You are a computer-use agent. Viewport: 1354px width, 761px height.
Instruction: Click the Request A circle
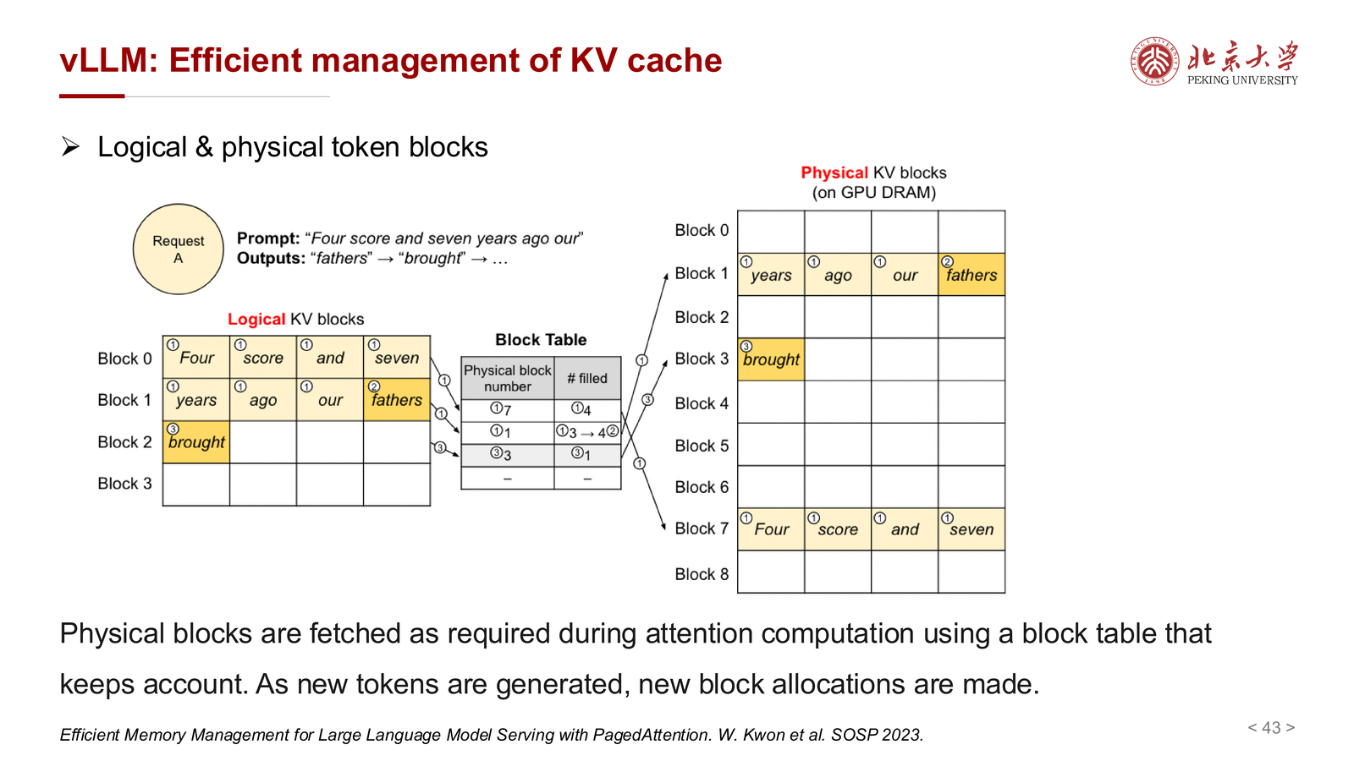(178, 249)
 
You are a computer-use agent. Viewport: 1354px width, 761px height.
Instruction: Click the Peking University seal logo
(1154, 60)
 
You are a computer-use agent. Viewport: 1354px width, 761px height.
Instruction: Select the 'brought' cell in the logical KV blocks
(195, 442)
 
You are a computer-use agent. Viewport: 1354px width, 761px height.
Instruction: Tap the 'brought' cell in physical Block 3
(771, 359)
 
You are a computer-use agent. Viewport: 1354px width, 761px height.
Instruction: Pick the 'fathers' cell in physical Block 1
(971, 275)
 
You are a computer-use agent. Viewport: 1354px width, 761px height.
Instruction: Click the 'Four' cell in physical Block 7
(771, 529)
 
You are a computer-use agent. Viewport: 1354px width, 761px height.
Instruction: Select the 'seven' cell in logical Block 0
(397, 358)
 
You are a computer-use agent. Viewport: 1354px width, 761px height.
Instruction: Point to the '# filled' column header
(587, 378)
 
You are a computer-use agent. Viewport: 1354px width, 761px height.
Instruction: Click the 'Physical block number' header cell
(507, 378)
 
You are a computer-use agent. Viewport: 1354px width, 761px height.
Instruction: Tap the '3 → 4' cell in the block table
(587, 432)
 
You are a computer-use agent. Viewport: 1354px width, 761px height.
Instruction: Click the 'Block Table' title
(541, 339)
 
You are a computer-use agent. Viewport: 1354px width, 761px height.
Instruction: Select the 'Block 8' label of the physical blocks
(702, 574)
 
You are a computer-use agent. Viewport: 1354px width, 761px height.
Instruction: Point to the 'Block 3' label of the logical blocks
(124, 483)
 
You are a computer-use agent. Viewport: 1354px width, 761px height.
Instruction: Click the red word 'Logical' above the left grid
(256, 319)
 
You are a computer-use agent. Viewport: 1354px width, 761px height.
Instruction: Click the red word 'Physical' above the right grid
(834, 172)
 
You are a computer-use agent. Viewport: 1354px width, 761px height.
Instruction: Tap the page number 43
(1271, 727)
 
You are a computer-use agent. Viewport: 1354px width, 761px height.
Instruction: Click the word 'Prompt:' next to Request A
(267, 238)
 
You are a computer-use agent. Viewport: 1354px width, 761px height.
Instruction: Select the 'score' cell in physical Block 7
(838, 529)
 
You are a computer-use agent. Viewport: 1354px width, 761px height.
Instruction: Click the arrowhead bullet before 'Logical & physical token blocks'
(70, 147)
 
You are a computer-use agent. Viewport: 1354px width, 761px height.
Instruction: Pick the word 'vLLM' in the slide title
(103, 60)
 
